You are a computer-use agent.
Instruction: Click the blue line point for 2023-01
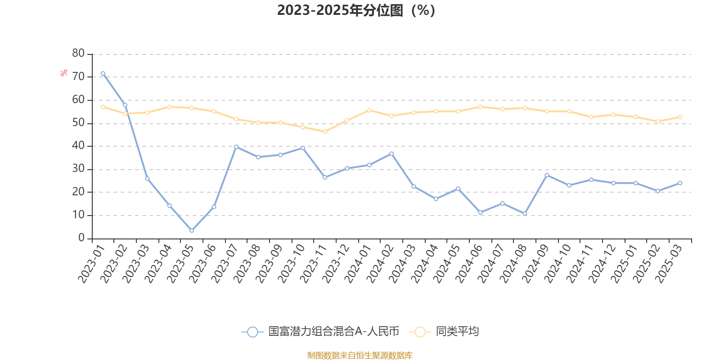(103, 73)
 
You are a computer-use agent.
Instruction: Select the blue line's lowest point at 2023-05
(192, 231)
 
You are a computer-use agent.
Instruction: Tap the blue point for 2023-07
(236, 147)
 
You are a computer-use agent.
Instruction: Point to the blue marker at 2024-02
(391, 154)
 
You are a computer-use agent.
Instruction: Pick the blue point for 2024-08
(525, 214)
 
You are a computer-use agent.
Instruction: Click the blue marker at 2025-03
(680, 183)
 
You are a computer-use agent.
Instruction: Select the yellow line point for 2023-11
(325, 132)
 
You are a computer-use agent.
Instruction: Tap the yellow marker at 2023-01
(103, 107)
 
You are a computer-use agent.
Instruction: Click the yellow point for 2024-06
(480, 107)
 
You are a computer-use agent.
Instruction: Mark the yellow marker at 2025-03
(680, 117)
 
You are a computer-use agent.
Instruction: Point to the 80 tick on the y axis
(78, 54)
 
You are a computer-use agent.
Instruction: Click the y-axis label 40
(78, 146)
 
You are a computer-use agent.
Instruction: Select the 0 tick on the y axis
(81, 238)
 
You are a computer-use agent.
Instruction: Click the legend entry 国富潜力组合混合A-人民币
(333, 332)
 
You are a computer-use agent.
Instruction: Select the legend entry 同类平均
(457, 332)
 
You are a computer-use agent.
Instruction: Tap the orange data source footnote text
(360, 355)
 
